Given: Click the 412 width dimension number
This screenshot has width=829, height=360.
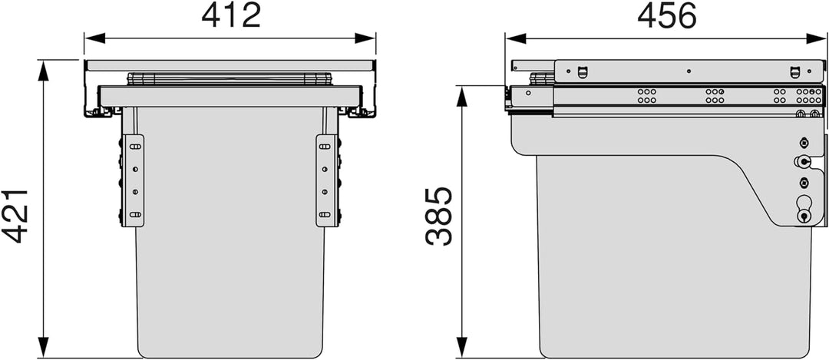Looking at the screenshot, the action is point(231,16).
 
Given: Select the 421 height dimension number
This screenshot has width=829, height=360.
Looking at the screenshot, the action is point(15,215).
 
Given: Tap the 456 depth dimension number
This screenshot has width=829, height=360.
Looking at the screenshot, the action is point(667,16).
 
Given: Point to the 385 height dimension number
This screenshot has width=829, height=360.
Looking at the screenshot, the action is point(439,216).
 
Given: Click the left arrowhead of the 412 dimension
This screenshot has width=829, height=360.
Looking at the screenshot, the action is point(95,38).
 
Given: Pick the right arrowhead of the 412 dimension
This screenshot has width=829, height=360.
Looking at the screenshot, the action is point(365,38).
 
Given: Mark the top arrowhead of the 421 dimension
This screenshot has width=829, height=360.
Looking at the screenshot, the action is point(43,71).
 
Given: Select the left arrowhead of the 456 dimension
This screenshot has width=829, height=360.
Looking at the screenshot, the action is point(516,38).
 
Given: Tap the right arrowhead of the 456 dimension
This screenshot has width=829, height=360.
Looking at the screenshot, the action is point(817,38).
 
